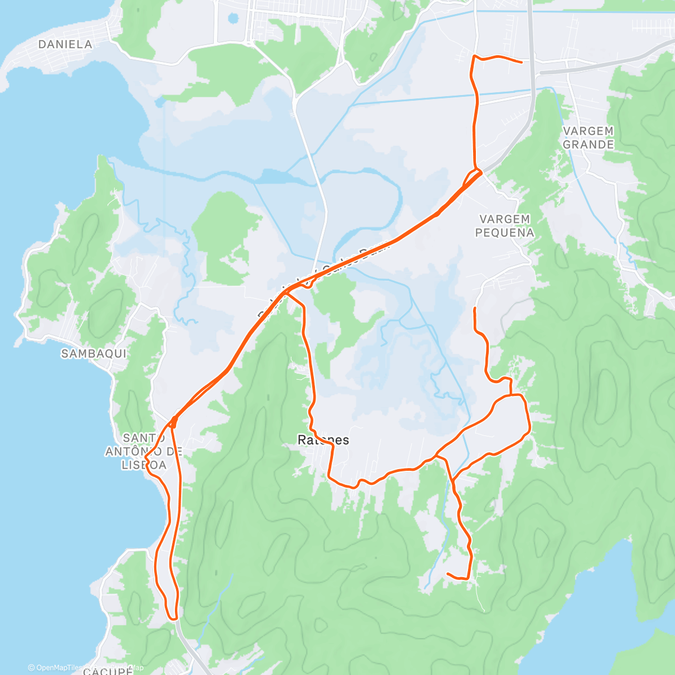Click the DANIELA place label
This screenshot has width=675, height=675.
(x=65, y=44)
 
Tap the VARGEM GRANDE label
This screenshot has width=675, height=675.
(x=588, y=138)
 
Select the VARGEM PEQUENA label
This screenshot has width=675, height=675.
(x=505, y=226)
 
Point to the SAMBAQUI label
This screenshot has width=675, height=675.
(x=94, y=354)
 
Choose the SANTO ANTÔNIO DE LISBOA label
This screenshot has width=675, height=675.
(x=144, y=451)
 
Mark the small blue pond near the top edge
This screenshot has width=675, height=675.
(x=233, y=19)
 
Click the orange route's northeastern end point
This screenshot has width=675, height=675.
(x=522, y=62)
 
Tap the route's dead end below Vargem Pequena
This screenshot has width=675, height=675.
(x=475, y=308)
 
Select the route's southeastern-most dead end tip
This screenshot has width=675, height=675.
(x=447, y=574)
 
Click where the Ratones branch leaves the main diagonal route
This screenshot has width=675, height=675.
(x=288, y=291)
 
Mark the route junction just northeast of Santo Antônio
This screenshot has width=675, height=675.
(x=173, y=419)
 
